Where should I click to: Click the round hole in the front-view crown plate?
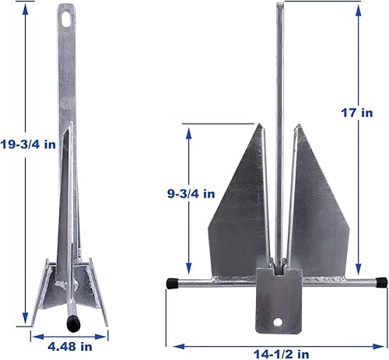tap(279, 321)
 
